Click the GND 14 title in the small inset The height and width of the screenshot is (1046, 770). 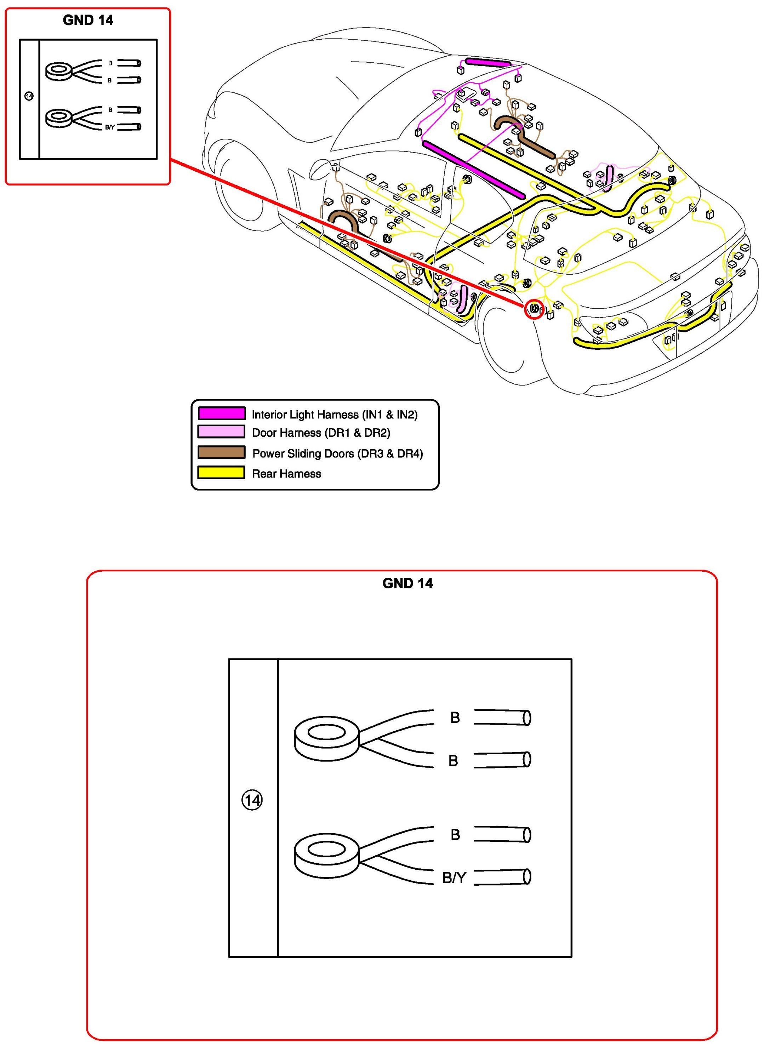coord(88,20)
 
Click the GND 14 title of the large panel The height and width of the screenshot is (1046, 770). coord(407,583)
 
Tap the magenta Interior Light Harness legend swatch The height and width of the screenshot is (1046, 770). coord(221,413)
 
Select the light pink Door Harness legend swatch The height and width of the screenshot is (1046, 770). coord(221,432)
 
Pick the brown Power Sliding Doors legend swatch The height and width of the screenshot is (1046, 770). coord(221,452)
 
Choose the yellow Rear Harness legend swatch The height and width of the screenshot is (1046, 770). coord(221,473)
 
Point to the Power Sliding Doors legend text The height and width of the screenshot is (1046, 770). coord(337,453)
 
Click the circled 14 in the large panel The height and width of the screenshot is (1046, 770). coord(252,800)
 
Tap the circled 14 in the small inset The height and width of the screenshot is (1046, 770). coord(29,96)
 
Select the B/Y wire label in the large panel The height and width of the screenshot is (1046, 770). coord(454,878)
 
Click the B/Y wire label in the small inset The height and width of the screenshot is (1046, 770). coord(109,127)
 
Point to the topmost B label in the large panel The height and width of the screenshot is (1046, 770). coord(455,718)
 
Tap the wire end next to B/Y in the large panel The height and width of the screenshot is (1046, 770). coord(502,877)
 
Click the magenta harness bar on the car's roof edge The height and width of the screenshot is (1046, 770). coord(488,62)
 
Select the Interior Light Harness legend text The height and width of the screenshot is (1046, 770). coord(335,415)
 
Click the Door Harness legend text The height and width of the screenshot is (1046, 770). coord(321,433)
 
